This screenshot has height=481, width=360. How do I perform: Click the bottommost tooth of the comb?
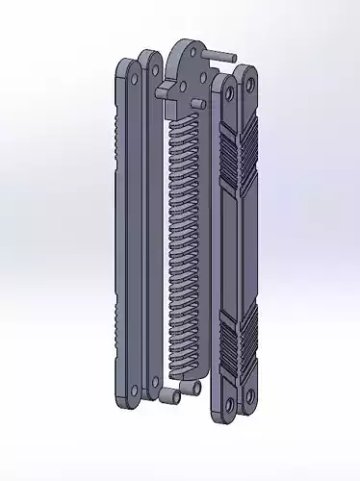pyautogui.click(x=183, y=342)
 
